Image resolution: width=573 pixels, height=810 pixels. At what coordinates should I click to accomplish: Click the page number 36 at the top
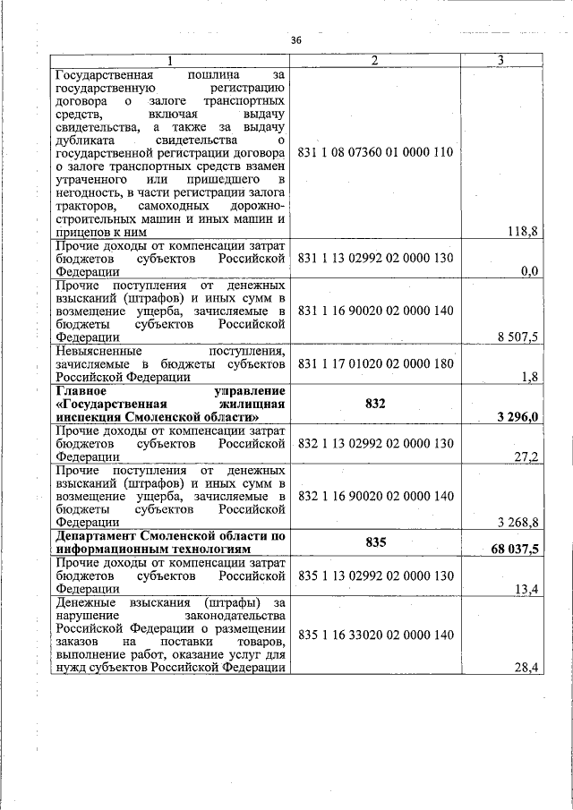pyautogui.click(x=296, y=39)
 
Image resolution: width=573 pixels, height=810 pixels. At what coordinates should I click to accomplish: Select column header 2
pyautogui.click(x=375, y=60)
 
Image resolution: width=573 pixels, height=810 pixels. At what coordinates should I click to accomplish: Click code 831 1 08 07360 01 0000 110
pyautogui.click(x=375, y=152)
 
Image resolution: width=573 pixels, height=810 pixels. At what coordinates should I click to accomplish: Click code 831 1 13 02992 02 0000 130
pyautogui.click(x=375, y=258)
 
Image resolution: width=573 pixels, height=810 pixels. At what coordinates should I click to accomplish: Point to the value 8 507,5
pyautogui.click(x=517, y=337)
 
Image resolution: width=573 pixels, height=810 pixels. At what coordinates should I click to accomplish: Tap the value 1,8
pyautogui.click(x=529, y=377)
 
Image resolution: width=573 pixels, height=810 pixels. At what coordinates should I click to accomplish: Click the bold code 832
pyautogui.click(x=375, y=404)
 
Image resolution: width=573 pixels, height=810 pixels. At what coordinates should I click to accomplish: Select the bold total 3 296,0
pyautogui.click(x=517, y=417)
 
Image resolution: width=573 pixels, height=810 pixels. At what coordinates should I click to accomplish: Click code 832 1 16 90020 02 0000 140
pyautogui.click(x=375, y=495)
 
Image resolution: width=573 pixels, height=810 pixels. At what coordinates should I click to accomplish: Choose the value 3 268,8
pyautogui.click(x=517, y=522)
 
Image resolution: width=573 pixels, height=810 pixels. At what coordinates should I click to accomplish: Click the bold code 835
pyautogui.click(x=375, y=542)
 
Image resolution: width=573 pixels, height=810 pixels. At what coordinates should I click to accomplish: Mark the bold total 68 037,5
pyautogui.click(x=514, y=549)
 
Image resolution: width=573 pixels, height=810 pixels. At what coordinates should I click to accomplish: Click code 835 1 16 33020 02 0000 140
pyautogui.click(x=375, y=635)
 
